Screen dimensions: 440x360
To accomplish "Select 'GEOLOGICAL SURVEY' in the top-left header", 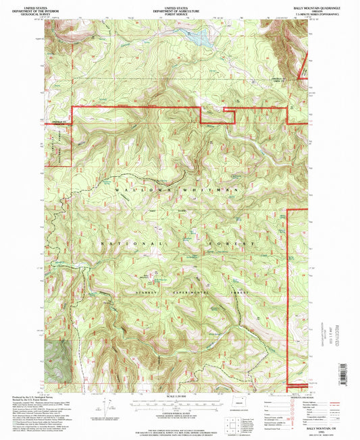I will click(26, 11).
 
